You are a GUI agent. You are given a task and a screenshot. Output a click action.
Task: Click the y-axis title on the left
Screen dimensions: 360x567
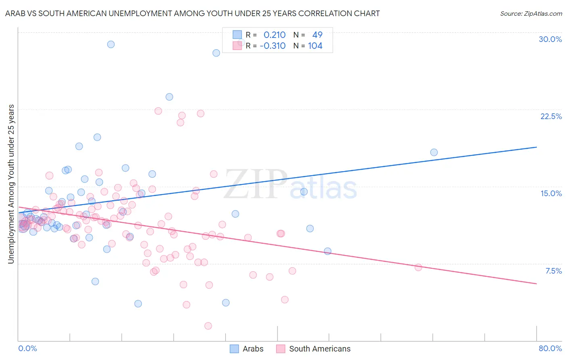click(x=11, y=184)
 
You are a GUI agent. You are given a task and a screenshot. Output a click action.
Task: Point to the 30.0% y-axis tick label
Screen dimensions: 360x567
click(x=550, y=39)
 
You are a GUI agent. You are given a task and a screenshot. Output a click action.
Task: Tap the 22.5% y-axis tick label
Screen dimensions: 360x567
click(x=551, y=116)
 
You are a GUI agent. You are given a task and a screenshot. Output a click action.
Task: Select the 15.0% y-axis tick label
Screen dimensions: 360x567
click(x=551, y=193)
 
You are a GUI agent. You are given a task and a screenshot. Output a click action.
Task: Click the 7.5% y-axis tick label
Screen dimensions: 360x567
click(x=553, y=271)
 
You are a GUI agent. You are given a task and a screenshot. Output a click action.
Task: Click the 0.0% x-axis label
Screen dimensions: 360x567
click(x=27, y=348)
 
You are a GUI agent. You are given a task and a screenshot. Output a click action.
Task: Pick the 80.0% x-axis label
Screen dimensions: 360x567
click(x=550, y=348)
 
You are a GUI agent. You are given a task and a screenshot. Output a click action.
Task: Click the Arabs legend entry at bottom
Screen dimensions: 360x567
click(x=247, y=349)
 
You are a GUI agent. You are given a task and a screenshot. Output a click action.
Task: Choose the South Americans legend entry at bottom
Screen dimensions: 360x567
click(x=314, y=349)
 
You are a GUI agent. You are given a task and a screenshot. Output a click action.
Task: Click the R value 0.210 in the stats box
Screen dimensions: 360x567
click(x=274, y=35)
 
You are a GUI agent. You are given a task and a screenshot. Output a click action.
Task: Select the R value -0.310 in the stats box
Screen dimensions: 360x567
click(x=273, y=46)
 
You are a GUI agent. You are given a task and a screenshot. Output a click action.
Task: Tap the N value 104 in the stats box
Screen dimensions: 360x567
click(x=315, y=46)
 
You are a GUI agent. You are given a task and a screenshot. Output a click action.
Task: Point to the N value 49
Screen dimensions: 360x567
click(x=317, y=35)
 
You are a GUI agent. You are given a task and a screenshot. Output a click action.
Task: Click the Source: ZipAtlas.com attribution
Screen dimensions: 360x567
click(x=531, y=13)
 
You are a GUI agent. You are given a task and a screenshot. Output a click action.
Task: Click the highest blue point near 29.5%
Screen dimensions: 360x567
click(x=110, y=44)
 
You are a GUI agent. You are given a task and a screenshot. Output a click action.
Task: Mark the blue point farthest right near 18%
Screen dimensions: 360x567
click(x=434, y=152)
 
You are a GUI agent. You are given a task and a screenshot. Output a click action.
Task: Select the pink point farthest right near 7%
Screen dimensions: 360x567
click(x=418, y=267)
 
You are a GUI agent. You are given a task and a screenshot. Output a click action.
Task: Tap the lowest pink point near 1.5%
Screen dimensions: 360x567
click(x=208, y=326)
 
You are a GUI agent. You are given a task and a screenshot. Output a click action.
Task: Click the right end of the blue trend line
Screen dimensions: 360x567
click(x=536, y=147)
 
